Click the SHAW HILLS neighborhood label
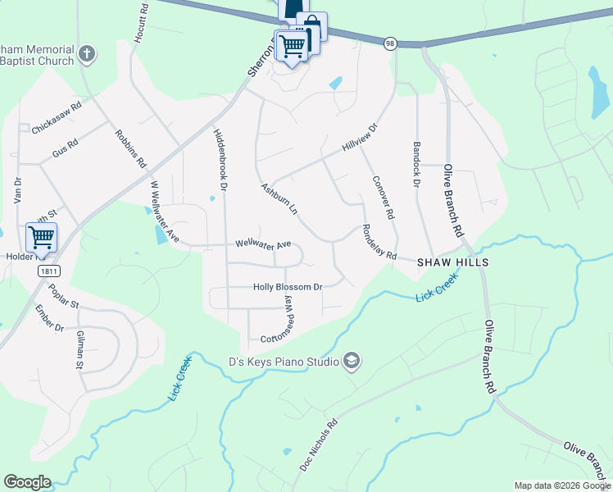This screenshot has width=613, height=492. point(452,262)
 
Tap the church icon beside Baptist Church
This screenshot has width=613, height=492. point(88,55)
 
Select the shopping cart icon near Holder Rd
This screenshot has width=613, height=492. point(41,238)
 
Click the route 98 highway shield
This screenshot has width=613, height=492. point(392,43)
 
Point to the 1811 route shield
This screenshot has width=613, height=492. point(48,270)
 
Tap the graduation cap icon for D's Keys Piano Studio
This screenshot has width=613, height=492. point(352,362)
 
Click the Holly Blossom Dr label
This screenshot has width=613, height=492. point(288,287)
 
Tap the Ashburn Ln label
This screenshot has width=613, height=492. point(279,198)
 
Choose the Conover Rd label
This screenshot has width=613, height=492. point(384,198)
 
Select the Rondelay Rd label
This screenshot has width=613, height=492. point(379,243)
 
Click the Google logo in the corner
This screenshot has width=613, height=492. point(27,482)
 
